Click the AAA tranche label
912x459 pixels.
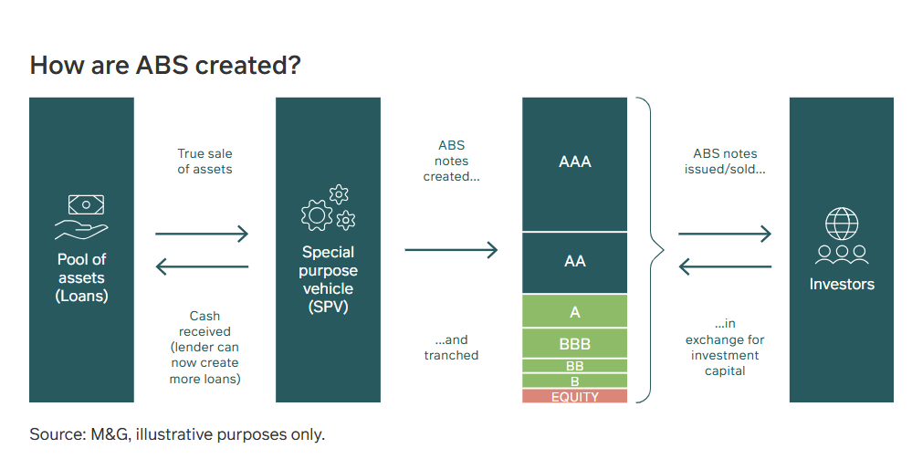tap(574, 162)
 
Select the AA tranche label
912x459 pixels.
tap(574, 261)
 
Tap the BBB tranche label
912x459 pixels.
tap(574, 344)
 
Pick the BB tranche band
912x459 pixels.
tap(574, 366)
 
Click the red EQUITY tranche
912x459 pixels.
tap(574, 396)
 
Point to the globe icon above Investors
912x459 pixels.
tap(842, 224)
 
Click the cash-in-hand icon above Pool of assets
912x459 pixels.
tap(82, 217)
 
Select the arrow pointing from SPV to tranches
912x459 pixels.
tap(451, 250)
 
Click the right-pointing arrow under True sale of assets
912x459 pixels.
tap(202, 234)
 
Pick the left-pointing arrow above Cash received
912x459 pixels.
tap(202, 267)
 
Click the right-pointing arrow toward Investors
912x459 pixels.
tap(725, 234)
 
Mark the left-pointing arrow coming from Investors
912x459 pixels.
tap(725, 267)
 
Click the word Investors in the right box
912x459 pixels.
tap(842, 284)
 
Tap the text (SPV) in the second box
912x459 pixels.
tap(328, 307)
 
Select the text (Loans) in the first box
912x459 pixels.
tap(81, 296)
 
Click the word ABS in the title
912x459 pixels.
tap(162, 65)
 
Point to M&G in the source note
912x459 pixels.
tap(110, 434)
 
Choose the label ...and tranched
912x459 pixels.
tap(451, 348)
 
